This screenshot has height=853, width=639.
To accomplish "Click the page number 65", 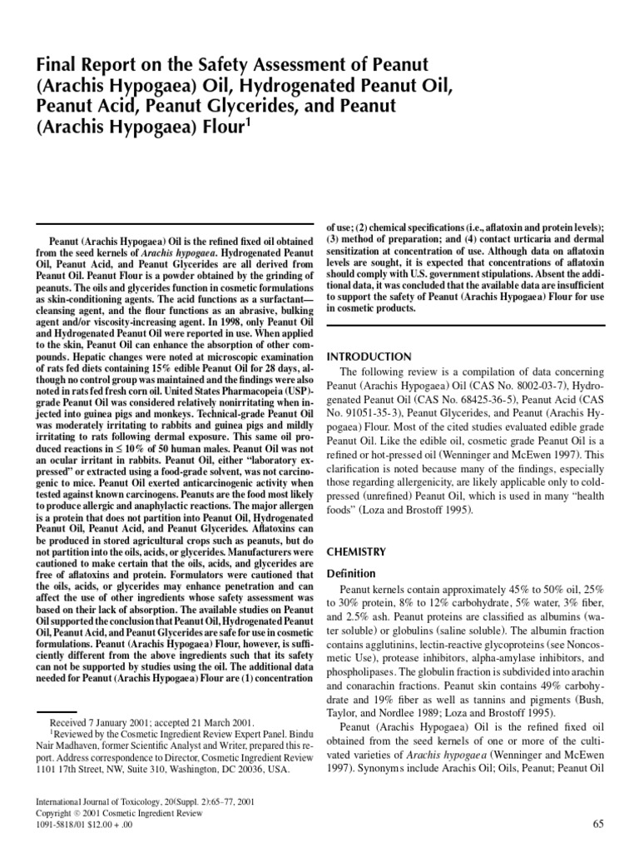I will pos(597,824).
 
